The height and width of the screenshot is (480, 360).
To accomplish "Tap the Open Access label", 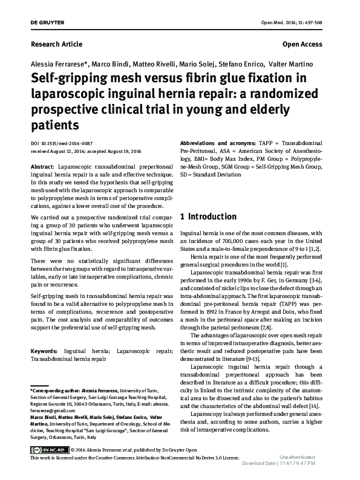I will [303, 44].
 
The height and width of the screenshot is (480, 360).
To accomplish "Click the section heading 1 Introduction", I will [209, 216].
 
